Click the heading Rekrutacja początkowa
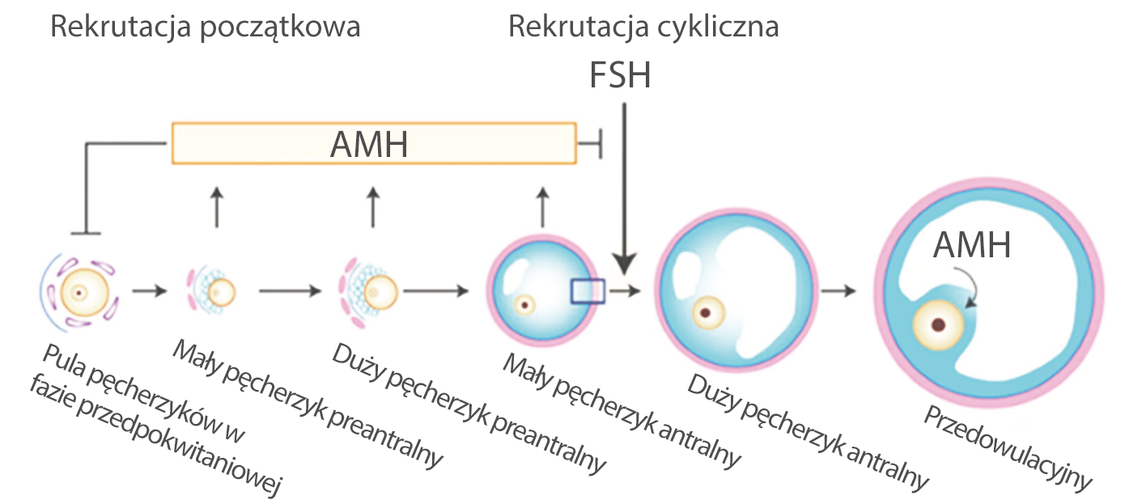tap(205, 28)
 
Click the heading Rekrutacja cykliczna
tap(643, 28)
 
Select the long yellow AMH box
tap(373, 143)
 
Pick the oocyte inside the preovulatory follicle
tap(938, 325)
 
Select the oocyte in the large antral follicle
tap(707, 311)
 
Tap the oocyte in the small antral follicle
tap(526, 305)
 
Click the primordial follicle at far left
tap(79, 293)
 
